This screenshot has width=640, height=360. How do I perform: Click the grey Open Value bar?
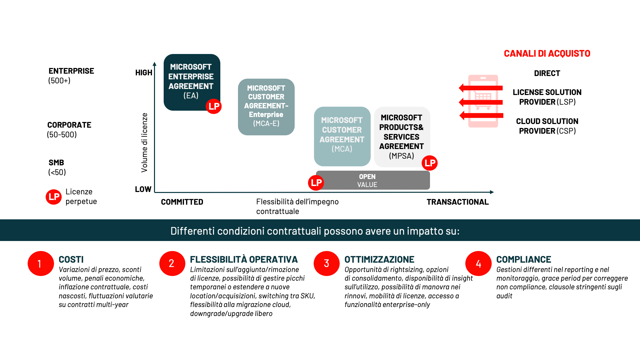[373, 180]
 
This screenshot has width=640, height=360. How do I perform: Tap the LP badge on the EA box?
[214, 106]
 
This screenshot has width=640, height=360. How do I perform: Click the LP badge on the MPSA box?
[430, 163]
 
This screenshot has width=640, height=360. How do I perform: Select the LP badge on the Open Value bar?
[316, 183]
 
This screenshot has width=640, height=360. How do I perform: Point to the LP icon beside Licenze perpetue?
[54, 197]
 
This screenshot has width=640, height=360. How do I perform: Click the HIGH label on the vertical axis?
[144, 73]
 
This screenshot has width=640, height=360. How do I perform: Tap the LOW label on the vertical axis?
[143, 189]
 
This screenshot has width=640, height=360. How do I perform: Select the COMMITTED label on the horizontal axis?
[182, 202]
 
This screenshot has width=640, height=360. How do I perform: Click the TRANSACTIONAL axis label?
[457, 202]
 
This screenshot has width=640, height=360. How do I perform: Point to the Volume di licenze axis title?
[144, 142]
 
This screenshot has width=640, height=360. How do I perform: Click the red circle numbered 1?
[40, 264]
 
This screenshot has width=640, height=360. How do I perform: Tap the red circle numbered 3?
[326, 264]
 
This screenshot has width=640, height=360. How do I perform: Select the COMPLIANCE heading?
[523, 259]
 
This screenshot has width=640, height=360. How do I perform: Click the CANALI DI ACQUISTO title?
[547, 53]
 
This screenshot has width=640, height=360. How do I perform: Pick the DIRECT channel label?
[547, 73]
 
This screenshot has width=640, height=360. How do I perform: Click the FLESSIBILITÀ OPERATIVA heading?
[244, 259]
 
